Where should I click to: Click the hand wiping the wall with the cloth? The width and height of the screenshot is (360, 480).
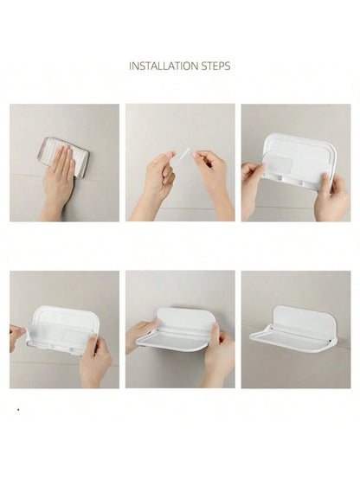coord(57,183)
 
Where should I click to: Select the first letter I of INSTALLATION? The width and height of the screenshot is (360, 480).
coord(132,66)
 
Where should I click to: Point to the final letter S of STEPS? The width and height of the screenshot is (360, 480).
coord(228,66)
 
